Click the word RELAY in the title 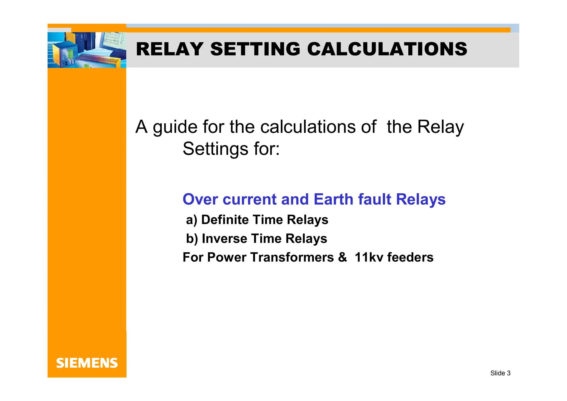pos(170,49)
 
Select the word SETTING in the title pos(255,49)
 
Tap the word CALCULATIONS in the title pos(387,49)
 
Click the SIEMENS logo pos(87,363)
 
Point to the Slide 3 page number pos(500,373)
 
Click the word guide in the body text pos(175,127)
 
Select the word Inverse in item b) pos(225,239)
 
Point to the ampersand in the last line pos(342,257)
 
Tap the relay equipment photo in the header pos(87,50)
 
